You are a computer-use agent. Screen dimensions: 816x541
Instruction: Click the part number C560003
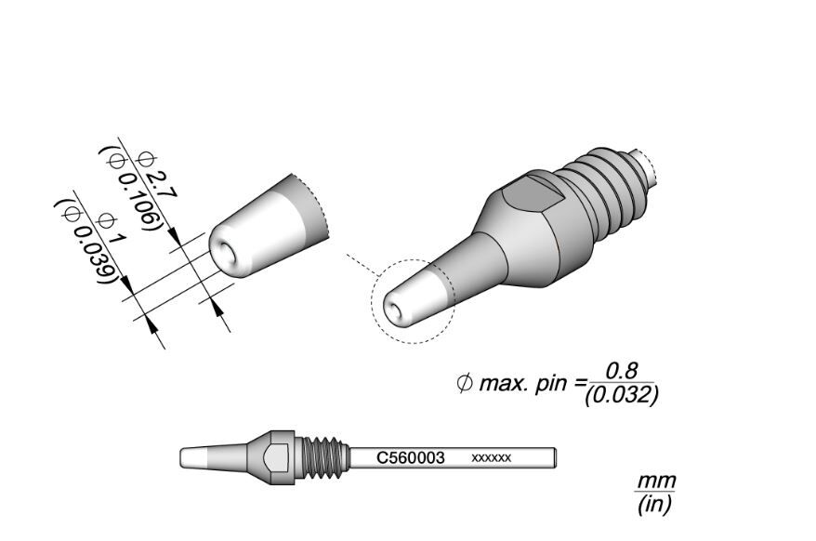pos(411,458)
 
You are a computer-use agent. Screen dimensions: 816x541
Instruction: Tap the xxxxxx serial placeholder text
pos(492,458)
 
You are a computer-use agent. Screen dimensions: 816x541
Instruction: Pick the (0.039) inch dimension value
pos(85,241)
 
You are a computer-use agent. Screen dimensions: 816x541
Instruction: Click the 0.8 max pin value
pos(622,371)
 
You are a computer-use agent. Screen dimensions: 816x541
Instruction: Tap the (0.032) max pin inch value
pos(622,396)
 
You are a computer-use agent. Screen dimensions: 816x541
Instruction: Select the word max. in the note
pos(503,384)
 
